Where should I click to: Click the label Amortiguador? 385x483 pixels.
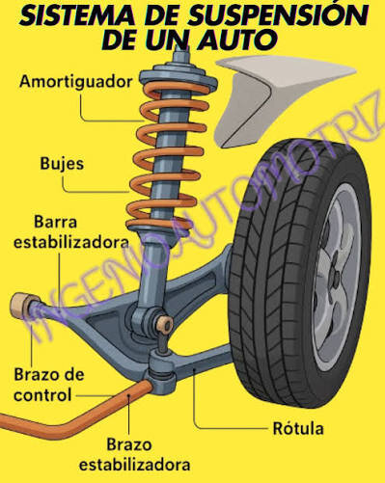coord(76,82)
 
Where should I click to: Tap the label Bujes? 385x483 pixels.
coord(62,164)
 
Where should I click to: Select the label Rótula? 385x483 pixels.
coord(298,428)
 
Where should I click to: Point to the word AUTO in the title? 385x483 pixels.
coord(236,40)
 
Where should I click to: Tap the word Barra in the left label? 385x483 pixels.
coord(55,222)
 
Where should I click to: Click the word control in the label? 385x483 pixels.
coord(42,395)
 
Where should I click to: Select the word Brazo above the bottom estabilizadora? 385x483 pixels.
coord(129,444)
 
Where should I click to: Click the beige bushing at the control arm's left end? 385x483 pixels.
coord(22,307)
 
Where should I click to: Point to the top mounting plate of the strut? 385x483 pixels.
coord(179,76)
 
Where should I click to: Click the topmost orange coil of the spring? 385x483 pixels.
coord(177,89)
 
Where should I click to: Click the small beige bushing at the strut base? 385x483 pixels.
coord(166,324)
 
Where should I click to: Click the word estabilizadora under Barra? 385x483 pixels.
coord(71,242)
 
